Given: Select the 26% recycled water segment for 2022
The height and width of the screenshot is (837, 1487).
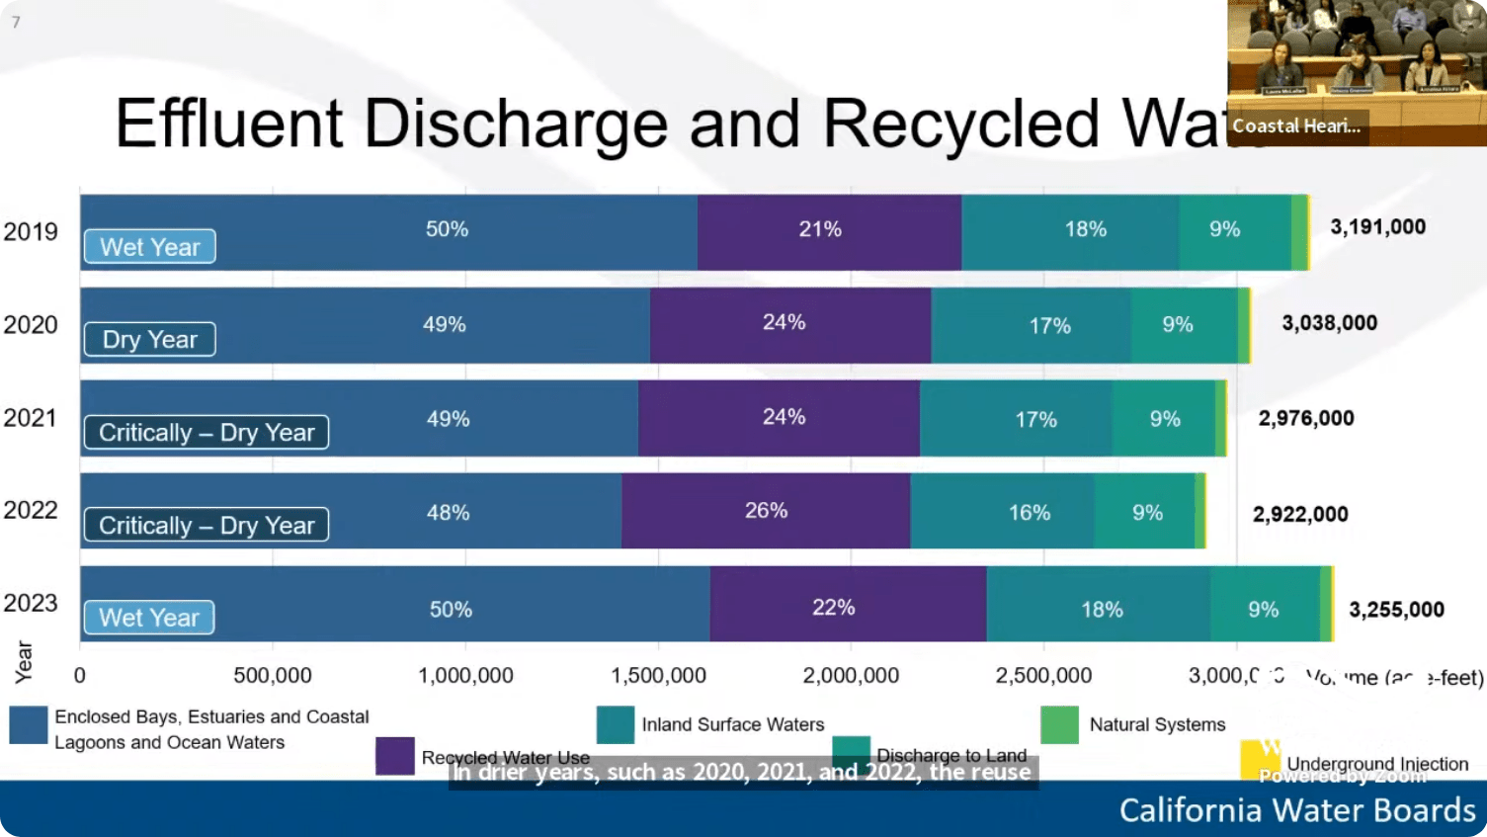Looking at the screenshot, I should pos(766,511).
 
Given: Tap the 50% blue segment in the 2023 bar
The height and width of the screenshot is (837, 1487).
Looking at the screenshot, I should pos(451,610).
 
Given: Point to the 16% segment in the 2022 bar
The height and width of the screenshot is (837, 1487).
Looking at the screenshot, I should pos(1029,513).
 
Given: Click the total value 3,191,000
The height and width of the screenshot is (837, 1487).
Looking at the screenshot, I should pos(1377,227).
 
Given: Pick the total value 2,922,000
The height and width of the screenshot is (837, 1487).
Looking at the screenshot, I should pos(1300,514).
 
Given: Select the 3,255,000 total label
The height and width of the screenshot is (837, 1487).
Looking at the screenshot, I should pos(1396,610).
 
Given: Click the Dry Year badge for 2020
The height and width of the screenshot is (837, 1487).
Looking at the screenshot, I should pos(149,340).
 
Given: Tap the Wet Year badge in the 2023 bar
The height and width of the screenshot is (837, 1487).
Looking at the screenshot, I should pos(149,618).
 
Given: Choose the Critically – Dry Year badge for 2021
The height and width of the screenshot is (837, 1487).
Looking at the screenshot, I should pos(206,433).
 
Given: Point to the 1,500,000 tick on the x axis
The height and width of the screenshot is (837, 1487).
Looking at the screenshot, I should pos(658,676).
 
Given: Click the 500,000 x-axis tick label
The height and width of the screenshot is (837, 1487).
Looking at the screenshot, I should pos(272,676).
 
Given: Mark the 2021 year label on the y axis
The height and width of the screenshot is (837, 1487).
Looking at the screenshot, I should pos(31,418).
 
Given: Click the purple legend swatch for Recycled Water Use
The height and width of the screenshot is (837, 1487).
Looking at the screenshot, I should pos(394,756).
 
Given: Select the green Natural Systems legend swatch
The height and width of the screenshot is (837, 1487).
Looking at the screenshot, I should pos(1059,725).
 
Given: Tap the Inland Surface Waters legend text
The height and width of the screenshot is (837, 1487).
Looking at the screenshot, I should pos(732,725).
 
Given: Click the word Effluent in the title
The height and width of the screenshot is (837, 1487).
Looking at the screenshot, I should pos(228,125).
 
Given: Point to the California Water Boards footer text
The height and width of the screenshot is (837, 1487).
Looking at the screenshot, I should pos(1296,810).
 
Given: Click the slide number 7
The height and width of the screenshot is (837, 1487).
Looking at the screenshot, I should pos(16,22).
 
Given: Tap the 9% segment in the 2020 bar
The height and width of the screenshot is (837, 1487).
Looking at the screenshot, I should pos(1177,325).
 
